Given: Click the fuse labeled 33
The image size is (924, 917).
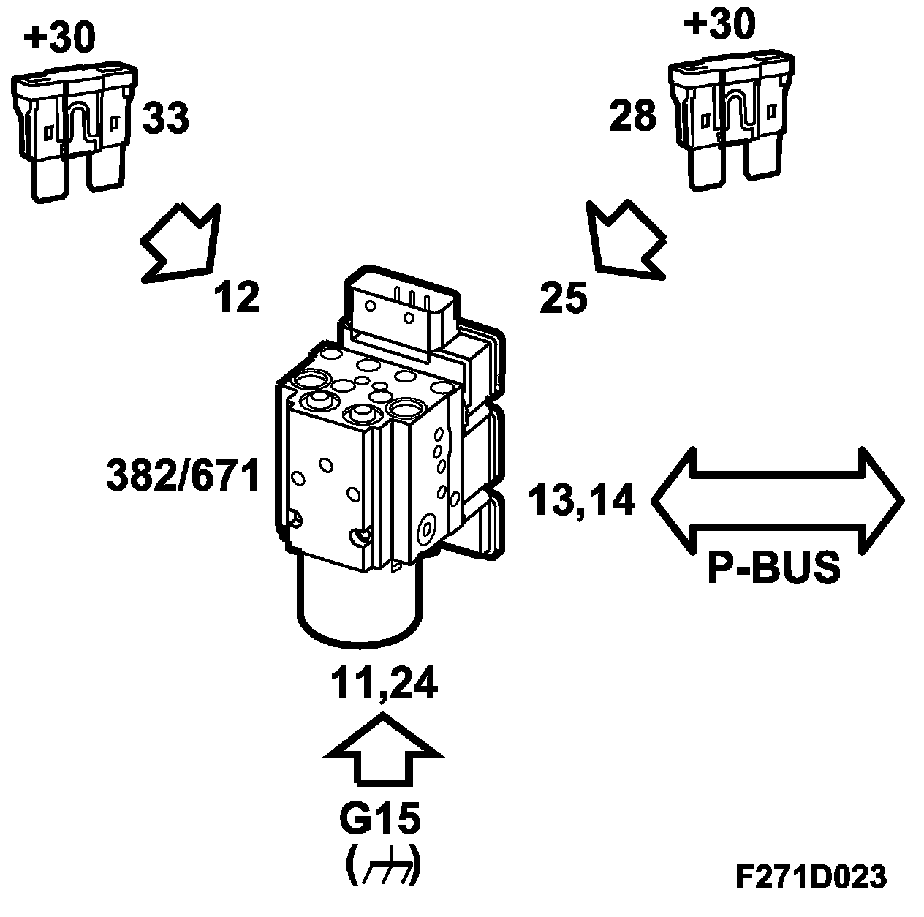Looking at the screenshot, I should point(74,131).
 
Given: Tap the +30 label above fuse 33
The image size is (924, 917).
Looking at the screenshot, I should point(59,37).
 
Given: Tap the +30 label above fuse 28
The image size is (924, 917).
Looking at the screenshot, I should point(719,26).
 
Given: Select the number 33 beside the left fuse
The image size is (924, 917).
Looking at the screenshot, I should point(165,118).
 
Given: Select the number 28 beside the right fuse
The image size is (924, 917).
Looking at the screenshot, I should point(633,116).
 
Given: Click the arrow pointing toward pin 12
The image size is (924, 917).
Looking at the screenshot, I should point(183,243).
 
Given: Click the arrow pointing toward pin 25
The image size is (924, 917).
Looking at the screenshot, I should point(626,239).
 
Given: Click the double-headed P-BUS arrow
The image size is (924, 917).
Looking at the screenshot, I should point(776,499).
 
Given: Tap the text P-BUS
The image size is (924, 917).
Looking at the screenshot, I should point(773,567).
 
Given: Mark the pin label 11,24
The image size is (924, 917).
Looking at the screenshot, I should point(383,684).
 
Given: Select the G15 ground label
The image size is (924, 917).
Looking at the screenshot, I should point(380,820).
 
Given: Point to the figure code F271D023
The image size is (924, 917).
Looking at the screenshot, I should point(810,877).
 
